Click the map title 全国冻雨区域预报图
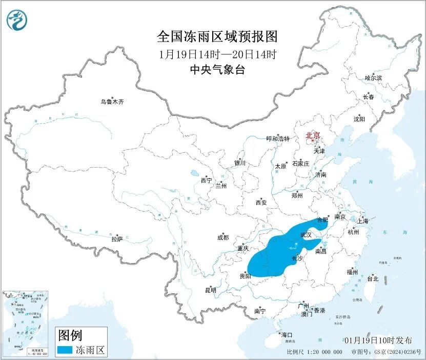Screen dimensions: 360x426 (x=217, y=37)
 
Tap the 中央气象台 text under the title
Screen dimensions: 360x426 (x=217, y=70)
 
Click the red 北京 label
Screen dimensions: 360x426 (x=313, y=136)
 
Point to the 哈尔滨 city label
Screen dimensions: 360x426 (x=373, y=78)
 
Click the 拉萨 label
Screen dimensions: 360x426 (x=117, y=238)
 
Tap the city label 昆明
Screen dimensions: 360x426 (x=211, y=290)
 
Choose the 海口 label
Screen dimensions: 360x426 (x=287, y=335)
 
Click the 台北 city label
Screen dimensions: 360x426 (x=372, y=279)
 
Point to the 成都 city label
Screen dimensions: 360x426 (x=223, y=237)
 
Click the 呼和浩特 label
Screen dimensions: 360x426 (x=278, y=139)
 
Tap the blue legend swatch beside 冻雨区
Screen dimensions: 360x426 (x=64, y=351)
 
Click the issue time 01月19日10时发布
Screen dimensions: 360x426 (x=378, y=340)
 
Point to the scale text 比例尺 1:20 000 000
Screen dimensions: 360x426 (x=315, y=352)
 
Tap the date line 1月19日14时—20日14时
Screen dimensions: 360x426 (x=217, y=54)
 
